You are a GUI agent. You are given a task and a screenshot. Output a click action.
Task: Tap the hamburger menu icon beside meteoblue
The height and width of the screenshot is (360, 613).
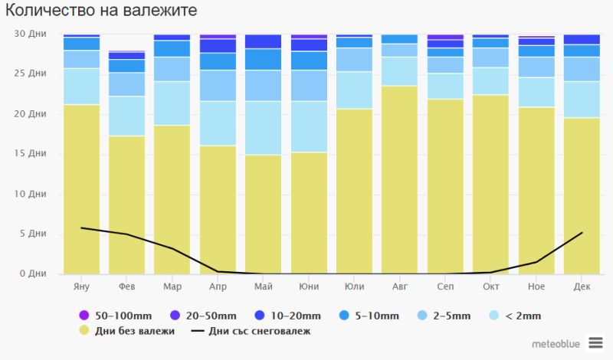tap(595, 342)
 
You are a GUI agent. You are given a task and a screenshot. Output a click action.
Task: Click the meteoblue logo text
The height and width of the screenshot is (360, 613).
tap(556, 343)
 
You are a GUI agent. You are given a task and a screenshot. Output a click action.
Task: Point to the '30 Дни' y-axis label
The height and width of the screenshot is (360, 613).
tap(31, 34)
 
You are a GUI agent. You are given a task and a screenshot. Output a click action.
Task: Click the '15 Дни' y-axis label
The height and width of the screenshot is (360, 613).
tap(31, 153)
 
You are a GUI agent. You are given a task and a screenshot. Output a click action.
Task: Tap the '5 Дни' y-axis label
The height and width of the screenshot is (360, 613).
tap(34, 234)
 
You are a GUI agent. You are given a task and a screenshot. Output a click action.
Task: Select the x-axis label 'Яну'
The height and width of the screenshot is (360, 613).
tap(81, 286)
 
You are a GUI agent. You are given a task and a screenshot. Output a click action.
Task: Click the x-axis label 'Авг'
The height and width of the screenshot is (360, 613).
tap(399, 286)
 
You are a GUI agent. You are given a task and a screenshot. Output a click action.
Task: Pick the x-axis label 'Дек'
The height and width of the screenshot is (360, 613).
tap(582, 286)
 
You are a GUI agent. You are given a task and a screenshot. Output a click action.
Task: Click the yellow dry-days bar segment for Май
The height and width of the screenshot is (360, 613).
tap(263, 214)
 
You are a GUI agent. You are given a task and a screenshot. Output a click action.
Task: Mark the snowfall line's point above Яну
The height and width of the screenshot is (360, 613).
tap(81, 227)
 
